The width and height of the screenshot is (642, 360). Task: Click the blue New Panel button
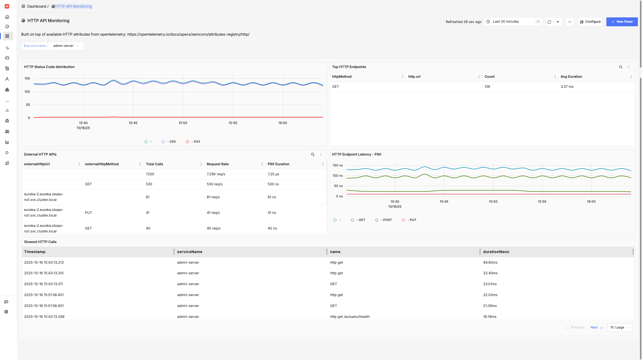pos(622,22)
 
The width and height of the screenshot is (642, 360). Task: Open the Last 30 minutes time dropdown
pos(513,22)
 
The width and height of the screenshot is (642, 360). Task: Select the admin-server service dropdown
pos(66,46)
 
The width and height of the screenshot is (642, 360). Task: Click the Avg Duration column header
pos(571,77)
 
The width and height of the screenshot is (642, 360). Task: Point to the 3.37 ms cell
pos(567,87)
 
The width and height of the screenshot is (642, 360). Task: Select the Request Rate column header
pos(218,164)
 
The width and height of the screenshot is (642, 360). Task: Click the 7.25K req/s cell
pos(216,174)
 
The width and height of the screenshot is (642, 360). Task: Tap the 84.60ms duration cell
pos(490,262)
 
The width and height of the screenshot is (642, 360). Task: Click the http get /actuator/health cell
pos(350,317)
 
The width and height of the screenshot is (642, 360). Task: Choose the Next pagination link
pos(594,328)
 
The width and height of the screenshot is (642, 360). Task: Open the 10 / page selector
pos(620,328)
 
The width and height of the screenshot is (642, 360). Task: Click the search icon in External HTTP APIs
pos(313,154)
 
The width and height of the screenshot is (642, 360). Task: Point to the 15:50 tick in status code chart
pos(183,123)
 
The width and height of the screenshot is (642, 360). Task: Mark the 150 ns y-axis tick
pos(337,166)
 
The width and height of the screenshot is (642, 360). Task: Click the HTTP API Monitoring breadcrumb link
pos(73,6)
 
